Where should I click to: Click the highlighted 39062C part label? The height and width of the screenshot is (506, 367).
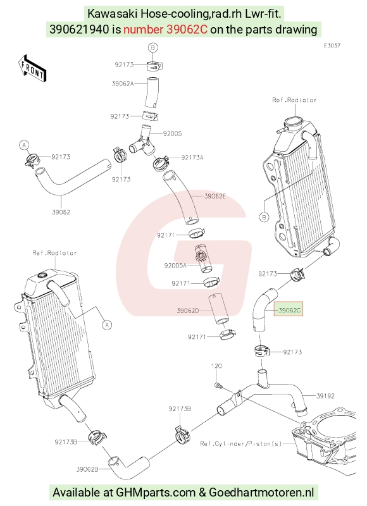[289, 310]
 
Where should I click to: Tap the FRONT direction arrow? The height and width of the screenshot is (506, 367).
[32, 70]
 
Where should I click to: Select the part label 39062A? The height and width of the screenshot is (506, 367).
[123, 83]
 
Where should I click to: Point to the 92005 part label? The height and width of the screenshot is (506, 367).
[172, 133]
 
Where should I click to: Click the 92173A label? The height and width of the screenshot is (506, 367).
[192, 157]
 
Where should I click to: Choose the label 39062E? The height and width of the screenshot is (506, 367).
[215, 196]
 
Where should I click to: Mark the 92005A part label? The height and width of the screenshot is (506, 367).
[175, 266]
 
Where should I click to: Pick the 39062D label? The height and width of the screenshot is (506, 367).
[188, 311]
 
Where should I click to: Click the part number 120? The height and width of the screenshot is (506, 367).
[216, 366]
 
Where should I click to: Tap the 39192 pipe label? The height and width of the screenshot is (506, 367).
[325, 396]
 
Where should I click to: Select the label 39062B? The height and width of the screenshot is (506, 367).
[87, 469]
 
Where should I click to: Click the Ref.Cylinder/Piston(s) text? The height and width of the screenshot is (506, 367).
[241, 444]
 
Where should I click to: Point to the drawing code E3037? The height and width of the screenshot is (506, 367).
[332, 46]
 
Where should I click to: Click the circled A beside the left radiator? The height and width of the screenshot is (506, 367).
[107, 324]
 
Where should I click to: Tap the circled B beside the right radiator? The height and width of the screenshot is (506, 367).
[264, 217]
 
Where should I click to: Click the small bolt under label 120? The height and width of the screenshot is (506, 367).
[217, 385]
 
